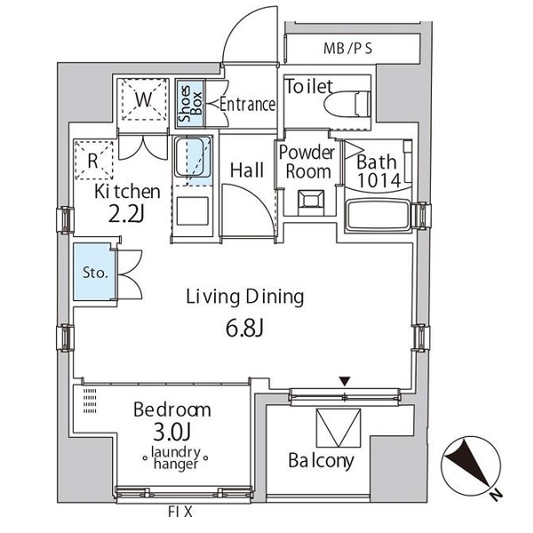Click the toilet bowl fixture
point(346,104)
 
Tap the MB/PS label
point(347,49)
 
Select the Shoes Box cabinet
point(190,104)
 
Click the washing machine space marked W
point(143,99)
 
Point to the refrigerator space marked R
point(94,160)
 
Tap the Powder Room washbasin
point(311,202)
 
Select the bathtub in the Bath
point(378,216)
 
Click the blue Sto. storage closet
point(95,271)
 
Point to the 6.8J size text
point(245,329)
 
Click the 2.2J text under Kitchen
point(126,214)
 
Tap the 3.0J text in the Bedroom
point(171,432)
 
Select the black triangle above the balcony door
point(345,381)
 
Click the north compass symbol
point(471,466)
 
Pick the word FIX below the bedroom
point(180,512)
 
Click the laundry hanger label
point(176,458)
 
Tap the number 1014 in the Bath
point(378,181)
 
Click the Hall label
point(247,171)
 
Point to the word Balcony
point(321,461)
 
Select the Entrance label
point(248,104)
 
